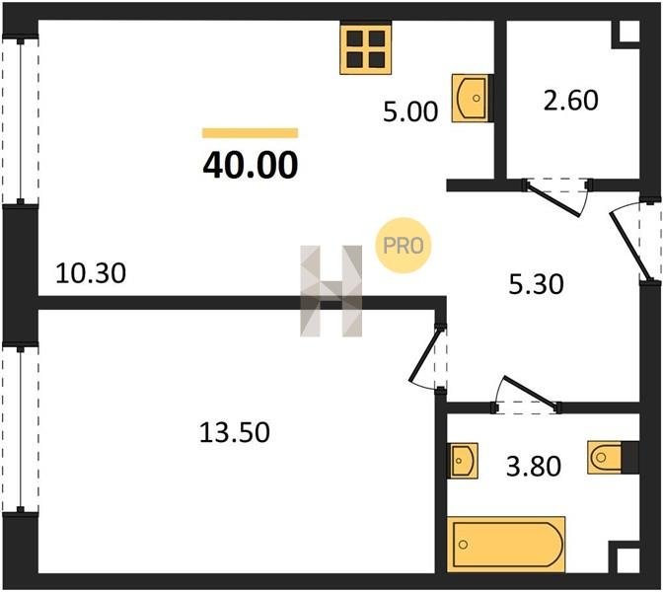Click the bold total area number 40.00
pyautogui.click(x=251, y=166)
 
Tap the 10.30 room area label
pyautogui.click(x=91, y=272)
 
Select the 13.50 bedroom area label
pyautogui.click(x=234, y=432)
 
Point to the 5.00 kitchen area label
pyautogui.click(x=410, y=112)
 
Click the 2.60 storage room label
pyautogui.click(x=571, y=101)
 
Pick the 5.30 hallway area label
pyautogui.click(x=536, y=284)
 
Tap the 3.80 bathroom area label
pyautogui.click(x=534, y=466)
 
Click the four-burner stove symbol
pyautogui.click(x=366, y=49)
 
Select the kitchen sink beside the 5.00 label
pyautogui.click(x=471, y=98)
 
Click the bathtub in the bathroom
pyautogui.click(x=506, y=545)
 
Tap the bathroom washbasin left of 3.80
pyautogui.click(x=464, y=461)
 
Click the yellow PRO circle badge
pyautogui.click(x=403, y=246)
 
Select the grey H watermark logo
pyautogui.click(x=331, y=291)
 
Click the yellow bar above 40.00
pyautogui.click(x=251, y=133)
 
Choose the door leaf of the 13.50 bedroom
pyautogui.click(x=426, y=354)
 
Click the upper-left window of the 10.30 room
pyautogui.click(x=20, y=121)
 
